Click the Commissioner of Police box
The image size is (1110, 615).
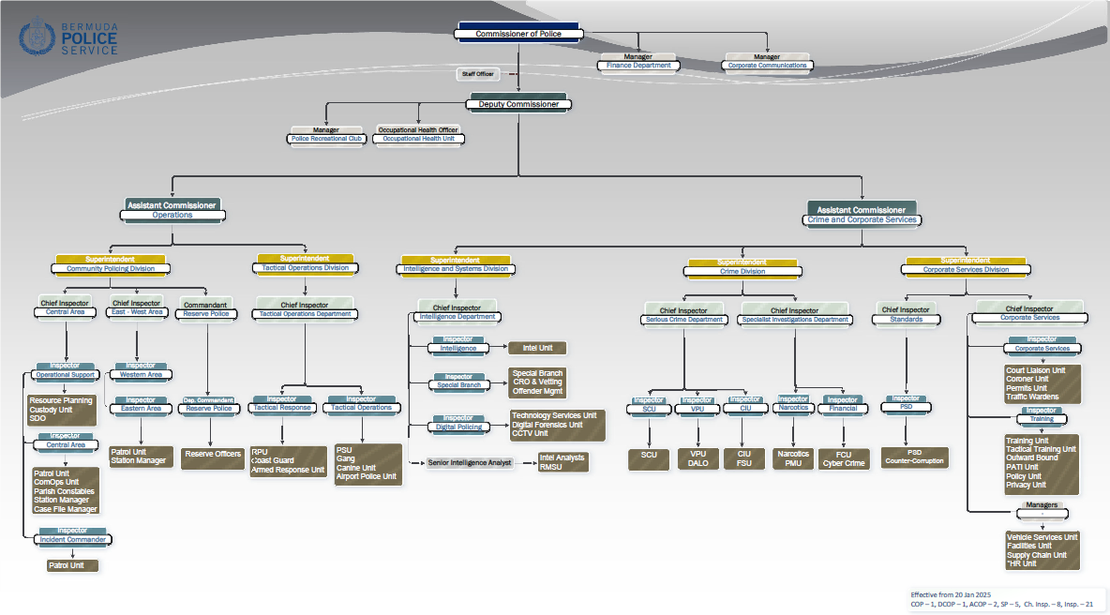coord(518,34)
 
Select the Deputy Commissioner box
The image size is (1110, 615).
coord(518,104)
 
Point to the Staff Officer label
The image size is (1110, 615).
coord(477,73)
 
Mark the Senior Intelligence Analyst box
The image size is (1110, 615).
coord(471,462)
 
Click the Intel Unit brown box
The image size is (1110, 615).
coord(537,348)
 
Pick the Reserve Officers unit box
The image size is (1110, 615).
coord(212,455)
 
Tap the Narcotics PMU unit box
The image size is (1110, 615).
coord(793,458)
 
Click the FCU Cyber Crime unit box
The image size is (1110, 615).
coord(843,458)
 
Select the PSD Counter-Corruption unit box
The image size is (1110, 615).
coord(914,457)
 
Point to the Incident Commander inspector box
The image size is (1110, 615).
coord(72,539)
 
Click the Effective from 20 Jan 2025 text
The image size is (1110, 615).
coord(951,595)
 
